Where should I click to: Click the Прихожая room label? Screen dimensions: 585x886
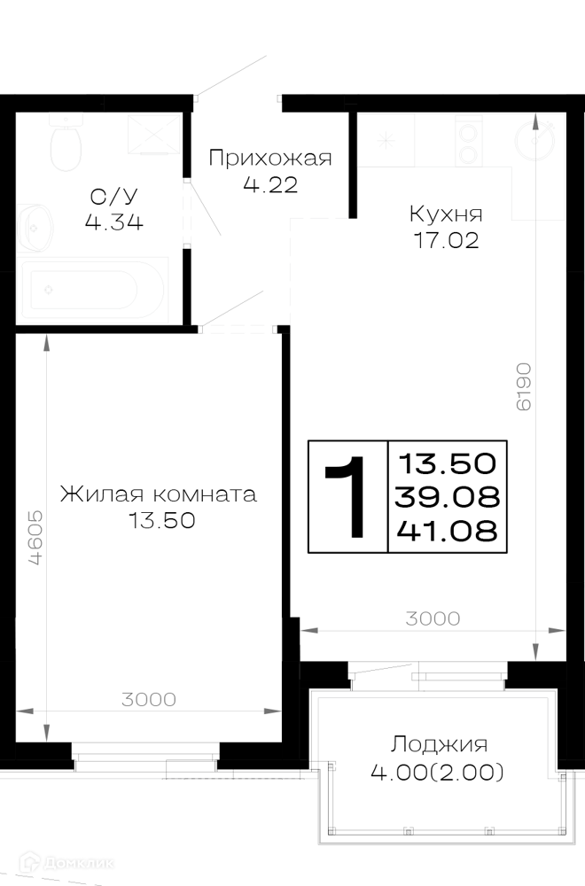[270, 159]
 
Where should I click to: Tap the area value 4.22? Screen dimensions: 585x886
[270, 185]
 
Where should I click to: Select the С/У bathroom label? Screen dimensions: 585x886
[113, 197]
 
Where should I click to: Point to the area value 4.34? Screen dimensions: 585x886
[113, 222]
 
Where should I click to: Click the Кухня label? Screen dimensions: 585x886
[446, 214]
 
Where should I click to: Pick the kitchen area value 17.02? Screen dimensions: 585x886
[447, 241]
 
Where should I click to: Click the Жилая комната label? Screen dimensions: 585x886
[159, 494]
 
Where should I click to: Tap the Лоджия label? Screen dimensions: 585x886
[439, 745]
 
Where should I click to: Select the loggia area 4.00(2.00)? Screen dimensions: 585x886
[437, 772]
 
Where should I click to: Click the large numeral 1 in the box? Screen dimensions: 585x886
[347, 497]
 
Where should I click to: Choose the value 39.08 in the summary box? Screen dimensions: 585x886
[447, 497]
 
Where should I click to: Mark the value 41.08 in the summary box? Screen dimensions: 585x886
[447, 531]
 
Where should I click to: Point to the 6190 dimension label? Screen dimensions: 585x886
[523, 386]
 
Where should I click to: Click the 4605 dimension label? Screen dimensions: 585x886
[35, 538]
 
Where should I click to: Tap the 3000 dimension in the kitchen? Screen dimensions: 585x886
[433, 618]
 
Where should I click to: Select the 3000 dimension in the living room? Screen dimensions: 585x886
[149, 700]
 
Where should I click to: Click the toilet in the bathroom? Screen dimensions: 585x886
[66, 143]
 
